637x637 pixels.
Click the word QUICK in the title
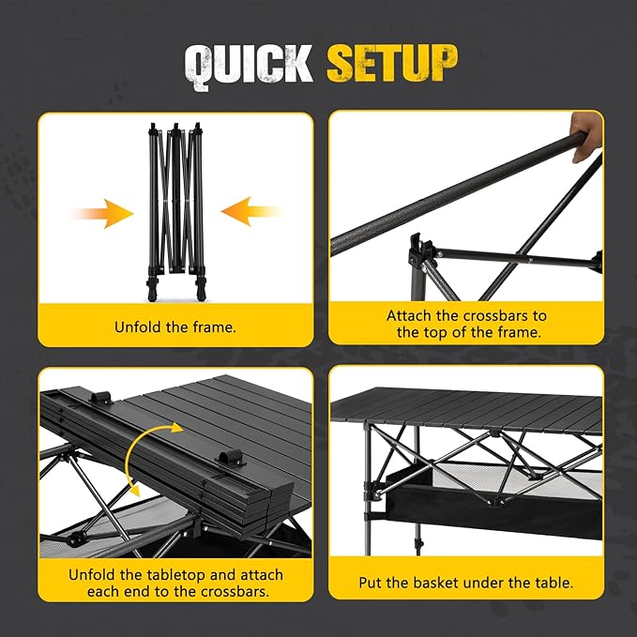(249, 66)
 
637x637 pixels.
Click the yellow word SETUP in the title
(391, 65)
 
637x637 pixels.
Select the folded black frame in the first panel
(176, 206)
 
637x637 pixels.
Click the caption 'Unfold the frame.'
(175, 327)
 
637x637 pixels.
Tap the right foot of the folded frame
(199, 282)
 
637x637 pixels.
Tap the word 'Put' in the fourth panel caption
(372, 583)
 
